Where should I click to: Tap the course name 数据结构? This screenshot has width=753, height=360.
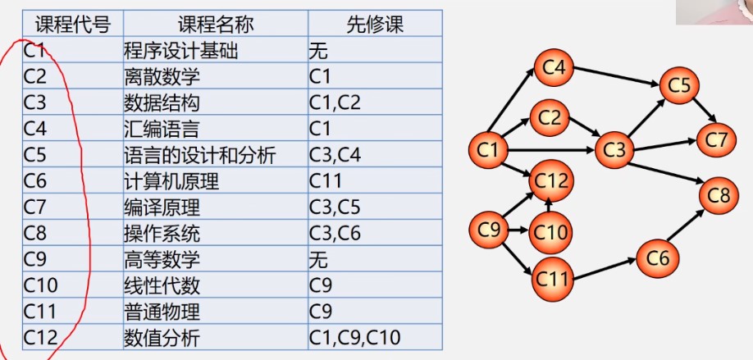point(162,103)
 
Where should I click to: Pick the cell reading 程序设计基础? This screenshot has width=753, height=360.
point(180,50)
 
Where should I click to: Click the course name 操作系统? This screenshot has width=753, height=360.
point(162,233)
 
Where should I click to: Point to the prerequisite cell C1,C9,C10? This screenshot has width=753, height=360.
point(354,338)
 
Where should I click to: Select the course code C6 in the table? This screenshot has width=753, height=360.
point(34,181)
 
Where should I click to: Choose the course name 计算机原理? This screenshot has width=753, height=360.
point(171,181)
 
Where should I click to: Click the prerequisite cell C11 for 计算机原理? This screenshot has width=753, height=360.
point(325,181)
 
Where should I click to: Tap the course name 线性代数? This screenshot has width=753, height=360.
point(162,285)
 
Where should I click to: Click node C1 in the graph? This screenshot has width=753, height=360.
point(488,149)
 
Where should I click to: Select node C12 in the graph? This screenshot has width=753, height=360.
point(551,180)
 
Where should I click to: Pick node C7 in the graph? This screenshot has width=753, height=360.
point(716,139)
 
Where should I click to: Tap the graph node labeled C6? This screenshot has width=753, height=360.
point(657,258)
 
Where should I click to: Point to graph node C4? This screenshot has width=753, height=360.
point(554,67)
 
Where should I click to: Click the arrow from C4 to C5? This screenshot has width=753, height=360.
point(617,76)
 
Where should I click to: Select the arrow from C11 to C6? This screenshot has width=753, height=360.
point(605,269)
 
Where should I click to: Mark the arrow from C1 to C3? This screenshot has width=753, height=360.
point(551,150)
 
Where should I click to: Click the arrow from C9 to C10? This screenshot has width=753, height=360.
point(518,230)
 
